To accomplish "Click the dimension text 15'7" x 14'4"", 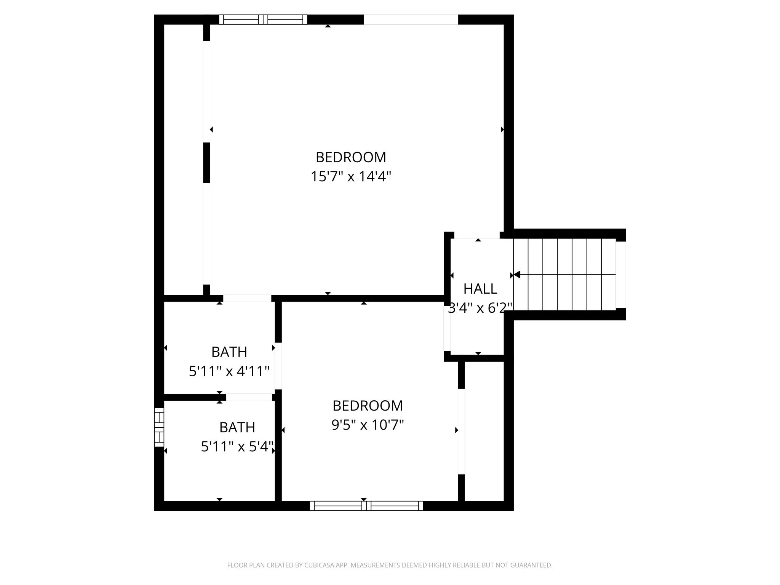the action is point(351,177).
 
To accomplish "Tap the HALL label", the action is point(480,289).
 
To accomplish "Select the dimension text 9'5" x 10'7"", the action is point(368,425).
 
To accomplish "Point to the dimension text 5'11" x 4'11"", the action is point(229,371).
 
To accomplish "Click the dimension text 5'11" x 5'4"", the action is point(237,446).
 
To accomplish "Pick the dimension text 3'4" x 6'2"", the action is point(480,308).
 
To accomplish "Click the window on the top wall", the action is point(263,19).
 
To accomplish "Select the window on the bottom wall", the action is point(366,506).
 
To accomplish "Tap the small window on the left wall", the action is point(159,427).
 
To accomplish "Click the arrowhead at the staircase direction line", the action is point(517,275).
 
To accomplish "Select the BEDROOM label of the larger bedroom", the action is point(351,157).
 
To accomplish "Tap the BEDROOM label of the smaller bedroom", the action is point(368,406).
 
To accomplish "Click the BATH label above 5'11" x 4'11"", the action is point(229,352).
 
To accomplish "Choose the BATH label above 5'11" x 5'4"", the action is point(237,427).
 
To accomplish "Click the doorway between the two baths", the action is point(249,397).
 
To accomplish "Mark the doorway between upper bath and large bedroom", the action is point(247,298).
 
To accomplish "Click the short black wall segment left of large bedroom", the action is point(206,163).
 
